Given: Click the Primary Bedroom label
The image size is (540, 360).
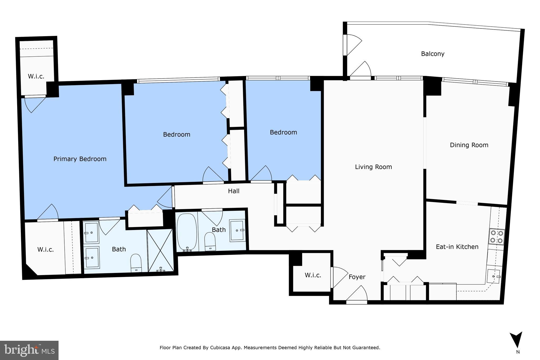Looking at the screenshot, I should [80, 159].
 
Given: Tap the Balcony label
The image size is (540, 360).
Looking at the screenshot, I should [433, 54].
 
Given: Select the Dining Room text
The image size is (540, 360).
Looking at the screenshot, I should [469, 145].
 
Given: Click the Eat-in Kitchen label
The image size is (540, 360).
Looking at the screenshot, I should [457, 247].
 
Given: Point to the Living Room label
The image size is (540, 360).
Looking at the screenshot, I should [373, 167].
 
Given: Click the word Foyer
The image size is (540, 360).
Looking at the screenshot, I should [357, 277].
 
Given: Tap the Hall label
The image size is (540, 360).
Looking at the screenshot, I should [234, 191].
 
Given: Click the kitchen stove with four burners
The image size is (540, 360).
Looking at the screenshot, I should [496, 237].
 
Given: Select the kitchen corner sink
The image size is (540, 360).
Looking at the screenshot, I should [493, 276].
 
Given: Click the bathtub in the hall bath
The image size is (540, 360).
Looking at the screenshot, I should [187, 232].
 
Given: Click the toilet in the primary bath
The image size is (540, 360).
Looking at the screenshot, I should [136, 263].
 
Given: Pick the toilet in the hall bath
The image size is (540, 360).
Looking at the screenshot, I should [210, 241].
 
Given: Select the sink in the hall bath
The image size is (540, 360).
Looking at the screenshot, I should [237, 230].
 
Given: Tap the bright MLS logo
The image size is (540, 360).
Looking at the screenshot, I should [29, 350].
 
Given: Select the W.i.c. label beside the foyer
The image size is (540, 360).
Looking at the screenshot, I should [313, 275].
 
